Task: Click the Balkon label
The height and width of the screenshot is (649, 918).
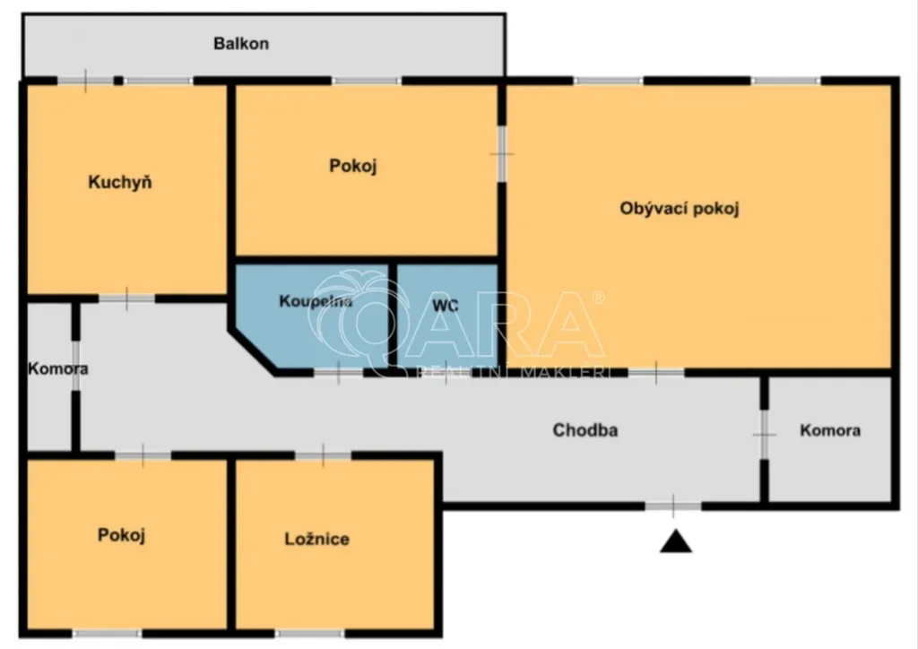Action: (241, 44)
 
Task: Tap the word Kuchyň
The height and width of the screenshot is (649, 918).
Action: (120, 182)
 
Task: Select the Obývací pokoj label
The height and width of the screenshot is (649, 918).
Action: (680, 209)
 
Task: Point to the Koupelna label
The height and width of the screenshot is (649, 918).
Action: (316, 301)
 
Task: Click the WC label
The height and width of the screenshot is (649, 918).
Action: (445, 306)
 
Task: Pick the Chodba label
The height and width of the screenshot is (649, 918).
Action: (585, 430)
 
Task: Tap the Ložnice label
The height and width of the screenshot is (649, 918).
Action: (316, 539)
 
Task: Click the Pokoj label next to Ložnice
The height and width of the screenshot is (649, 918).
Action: (121, 535)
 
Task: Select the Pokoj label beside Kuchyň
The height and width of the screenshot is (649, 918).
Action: (352, 166)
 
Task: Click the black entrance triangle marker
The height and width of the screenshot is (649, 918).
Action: (676, 542)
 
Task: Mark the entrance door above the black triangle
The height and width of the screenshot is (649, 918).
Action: (673, 506)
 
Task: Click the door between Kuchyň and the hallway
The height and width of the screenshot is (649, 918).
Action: (126, 299)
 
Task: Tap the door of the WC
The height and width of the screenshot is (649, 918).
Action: (446, 372)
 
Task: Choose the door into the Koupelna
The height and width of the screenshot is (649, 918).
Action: (338, 372)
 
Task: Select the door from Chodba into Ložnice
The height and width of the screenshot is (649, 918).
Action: (323, 455)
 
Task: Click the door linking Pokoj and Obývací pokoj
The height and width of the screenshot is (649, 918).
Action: (502, 154)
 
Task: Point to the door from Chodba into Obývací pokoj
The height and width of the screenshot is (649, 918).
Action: (656, 372)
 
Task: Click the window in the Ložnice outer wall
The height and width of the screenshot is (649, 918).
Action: (309, 633)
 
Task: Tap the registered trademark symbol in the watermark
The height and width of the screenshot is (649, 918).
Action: (598, 298)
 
